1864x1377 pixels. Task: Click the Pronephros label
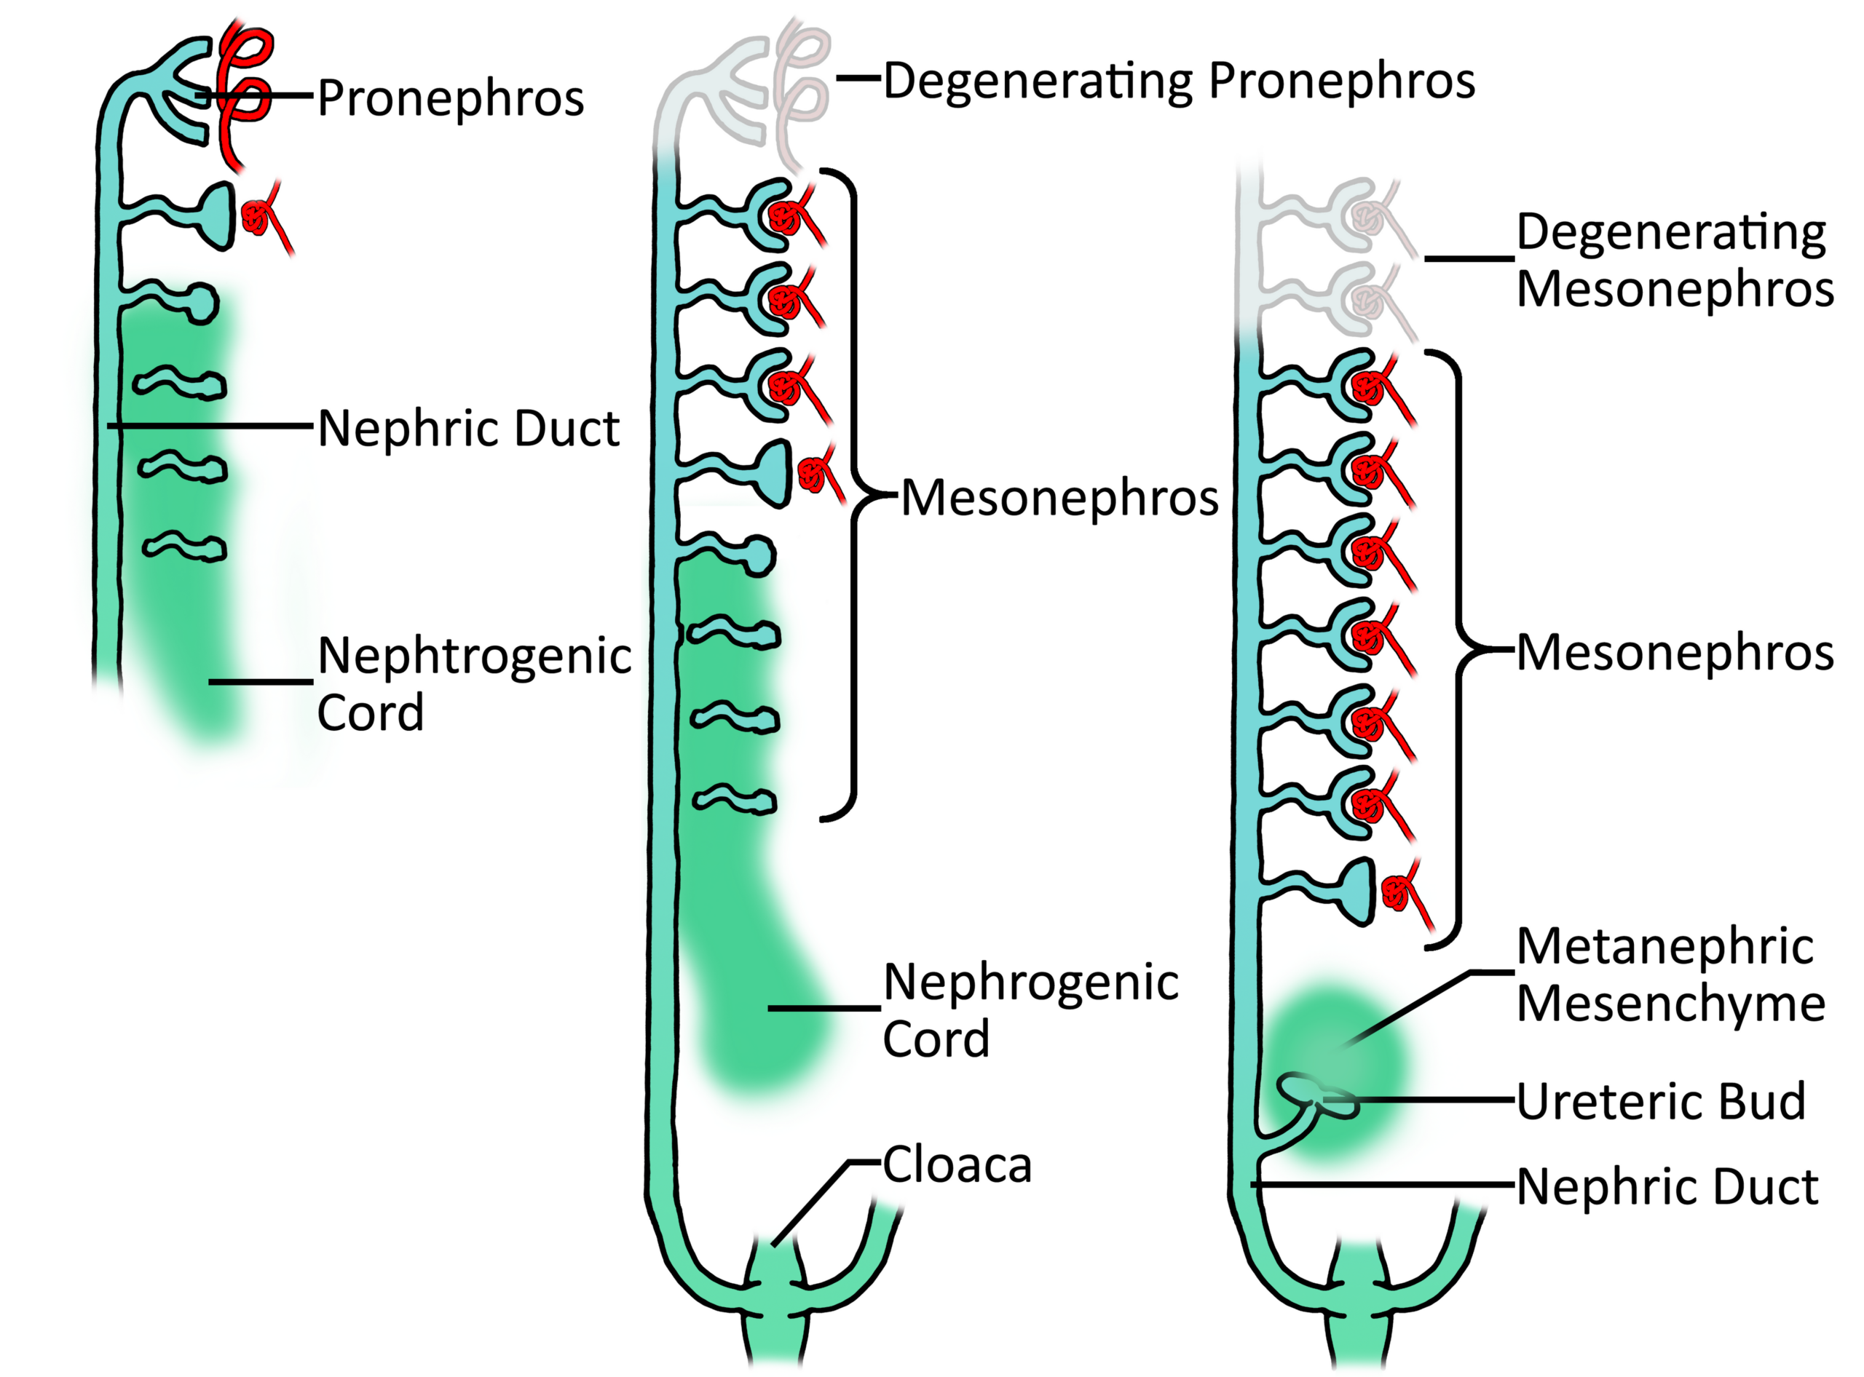coord(451,98)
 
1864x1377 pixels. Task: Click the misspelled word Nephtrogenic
coord(474,656)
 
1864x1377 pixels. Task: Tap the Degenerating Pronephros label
coord(1178,81)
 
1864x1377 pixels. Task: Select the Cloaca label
coord(957,1164)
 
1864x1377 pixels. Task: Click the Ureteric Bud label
coord(1659,1101)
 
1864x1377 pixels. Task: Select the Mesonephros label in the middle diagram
coord(1059,499)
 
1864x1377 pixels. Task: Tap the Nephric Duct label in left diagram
coord(468,429)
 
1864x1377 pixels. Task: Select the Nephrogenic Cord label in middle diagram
coord(1030,1009)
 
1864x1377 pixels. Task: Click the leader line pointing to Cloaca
coord(813,1200)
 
